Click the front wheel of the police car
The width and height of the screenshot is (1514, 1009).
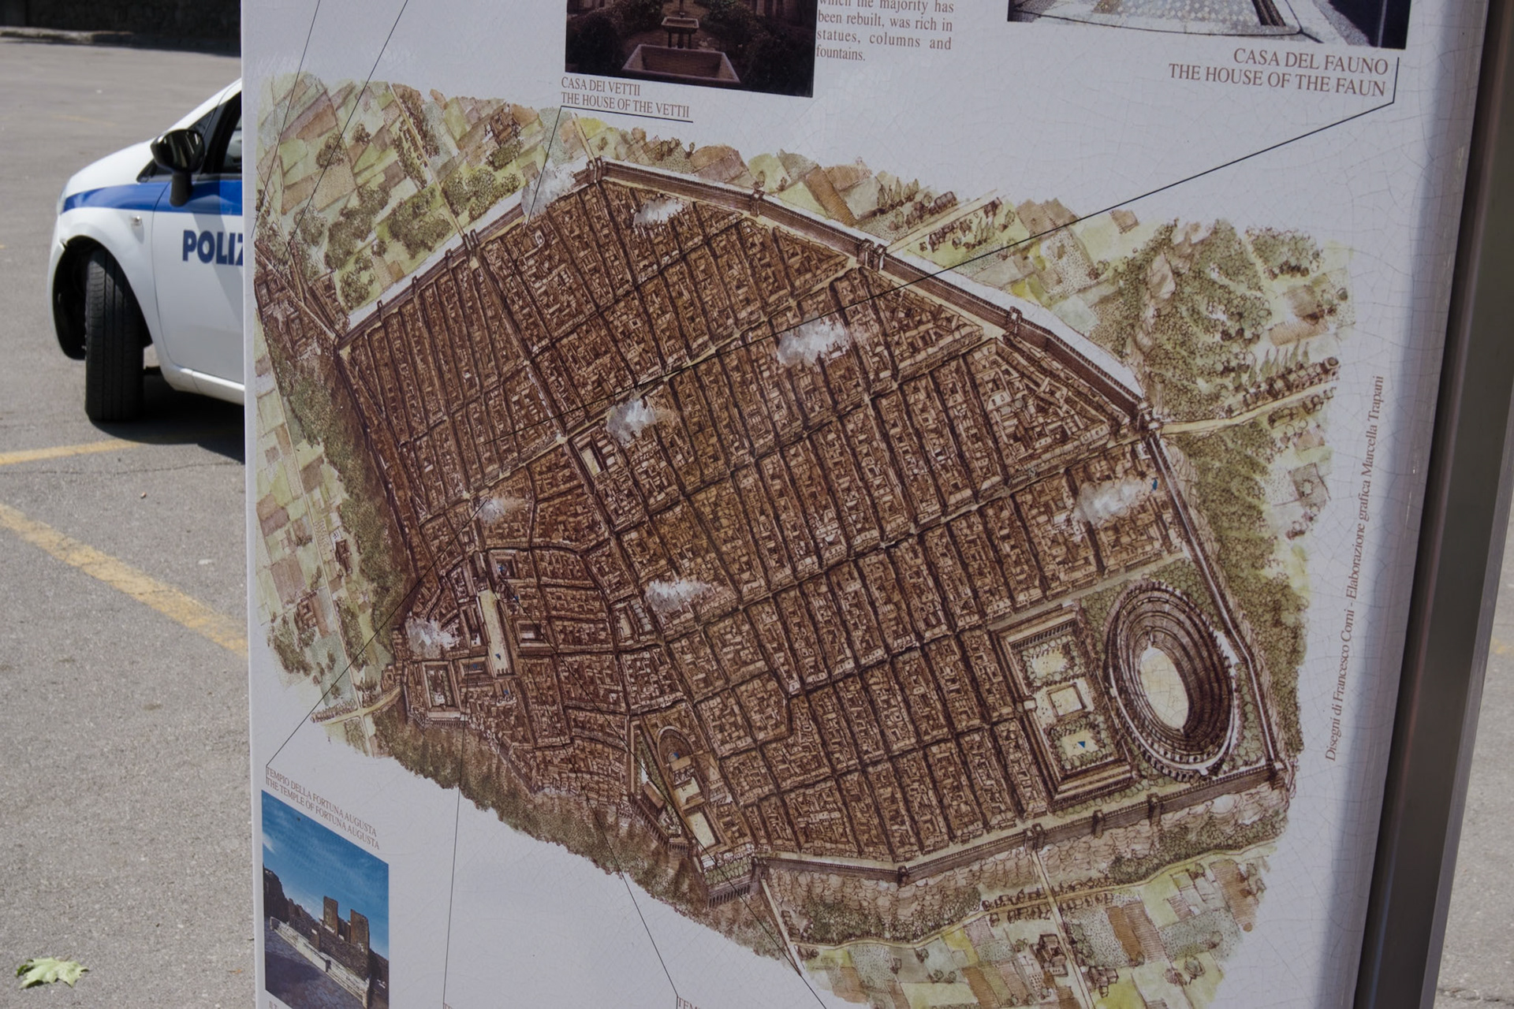[113, 334]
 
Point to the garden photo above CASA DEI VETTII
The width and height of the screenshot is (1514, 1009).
[689, 43]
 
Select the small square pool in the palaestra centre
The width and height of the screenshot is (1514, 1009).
[1064, 698]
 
